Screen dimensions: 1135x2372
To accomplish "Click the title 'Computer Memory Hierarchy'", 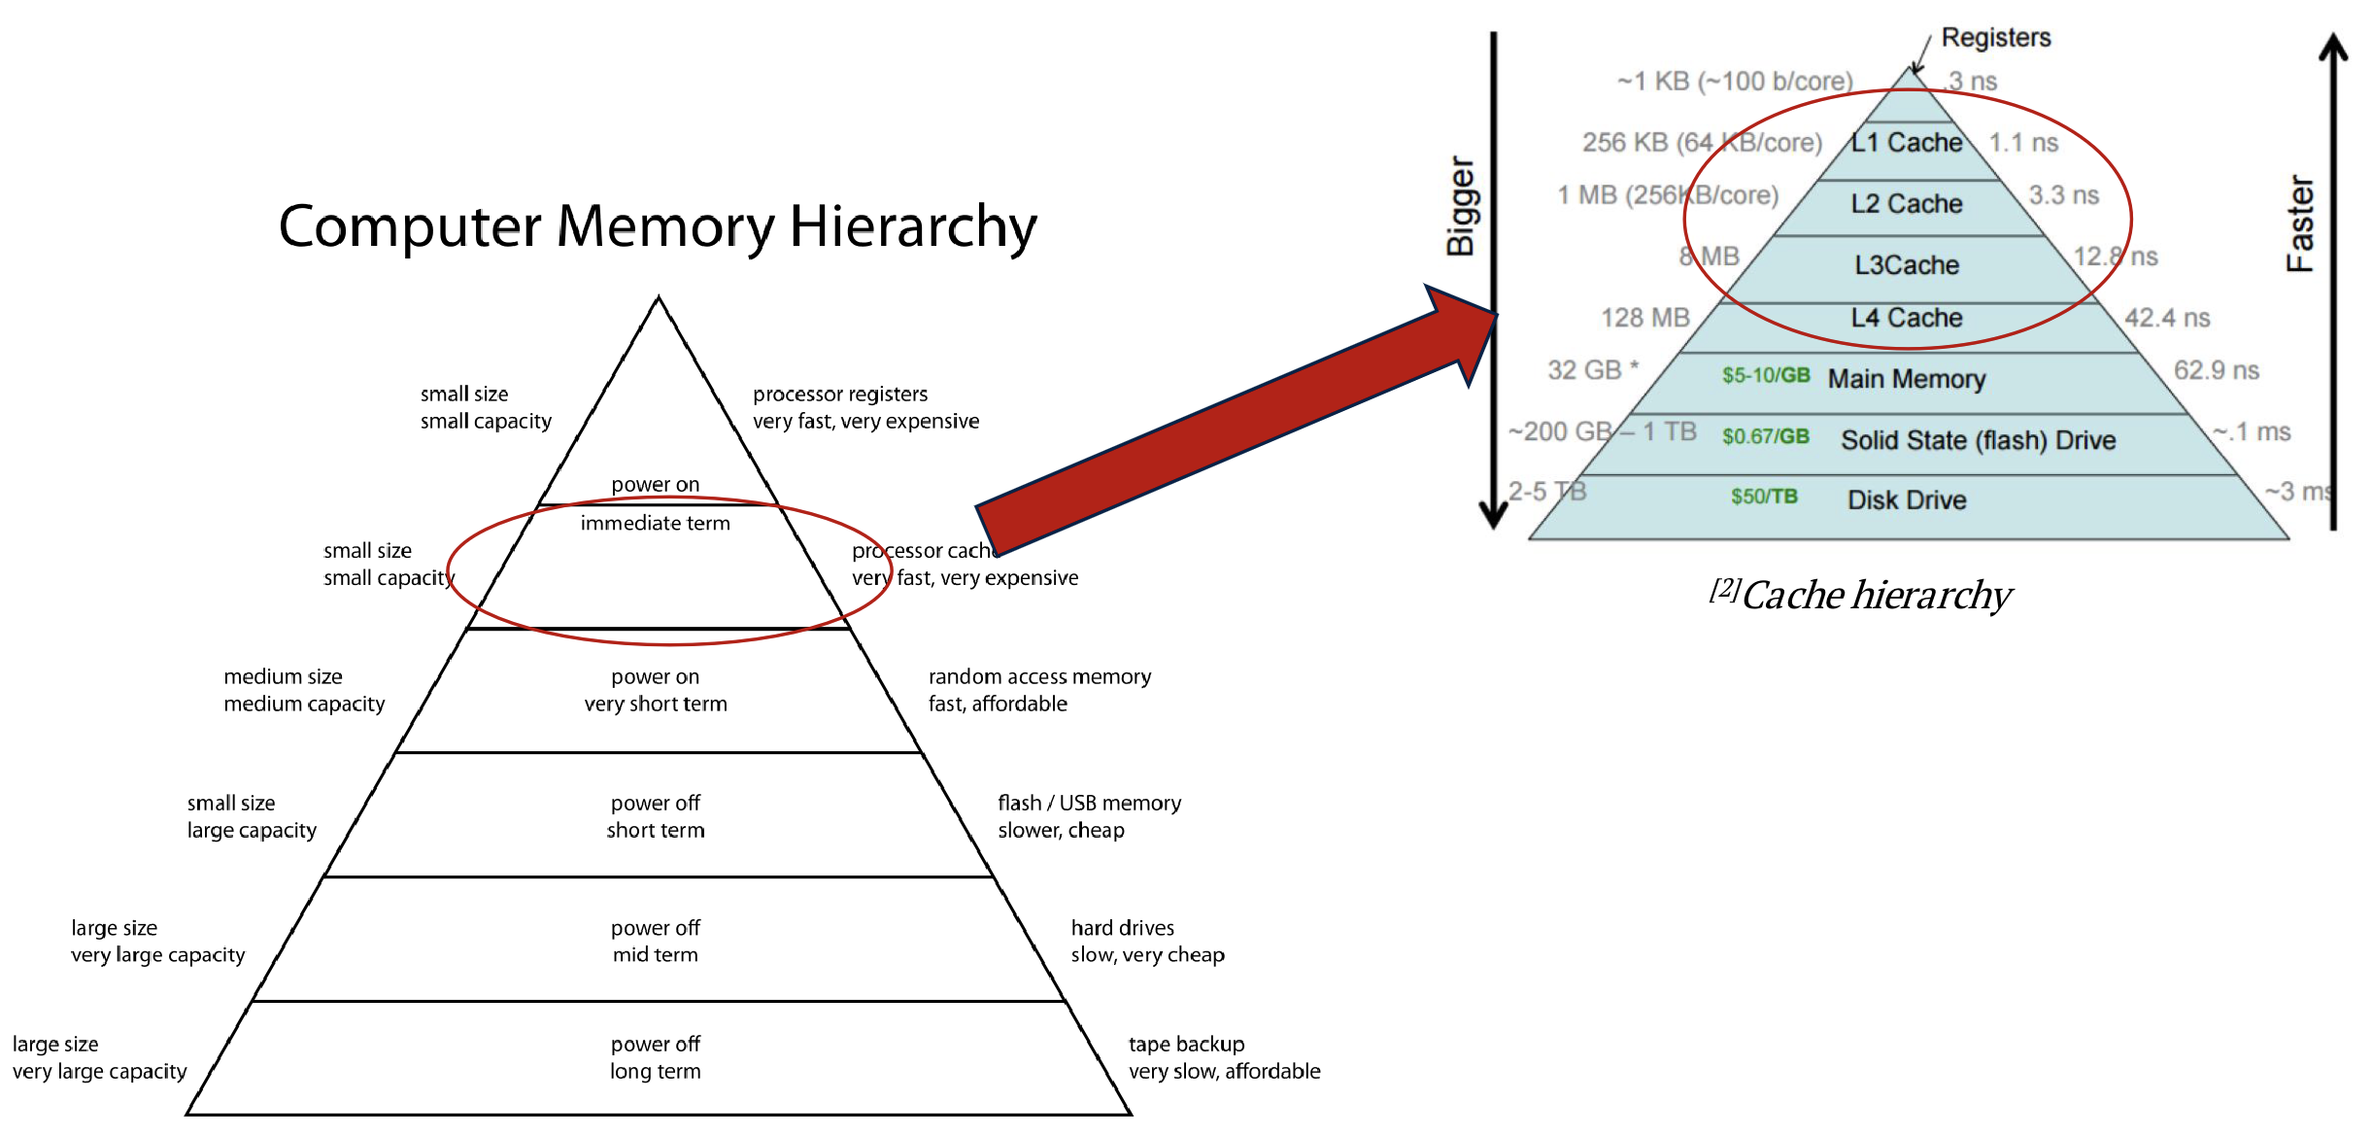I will click(658, 226).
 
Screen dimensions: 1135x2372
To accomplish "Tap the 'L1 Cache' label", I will click(1906, 143).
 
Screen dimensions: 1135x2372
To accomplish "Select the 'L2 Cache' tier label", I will click(1906, 204).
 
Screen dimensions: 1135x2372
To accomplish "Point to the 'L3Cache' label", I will click(1906, 265).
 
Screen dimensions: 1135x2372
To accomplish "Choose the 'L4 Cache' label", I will click(1906, 318).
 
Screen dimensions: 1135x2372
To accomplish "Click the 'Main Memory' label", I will click(1906, 379).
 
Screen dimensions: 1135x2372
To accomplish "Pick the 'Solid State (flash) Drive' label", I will click(1978, 440).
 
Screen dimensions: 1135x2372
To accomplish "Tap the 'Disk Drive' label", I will click(1906, 500).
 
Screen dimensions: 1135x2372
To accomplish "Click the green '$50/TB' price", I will click(1764, 497).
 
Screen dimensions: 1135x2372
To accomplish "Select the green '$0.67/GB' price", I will click(1765, 436).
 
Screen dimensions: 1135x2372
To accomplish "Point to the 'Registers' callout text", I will click(1995, 38).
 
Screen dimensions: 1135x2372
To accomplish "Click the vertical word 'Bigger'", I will click(1461, 206).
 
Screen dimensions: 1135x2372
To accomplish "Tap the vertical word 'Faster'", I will click(2299, 224).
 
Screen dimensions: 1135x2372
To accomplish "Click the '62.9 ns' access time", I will click(2216, 370).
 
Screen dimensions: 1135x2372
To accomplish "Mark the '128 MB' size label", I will click(1644, 318).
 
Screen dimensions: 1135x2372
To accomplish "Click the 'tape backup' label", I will click(1186, 1045).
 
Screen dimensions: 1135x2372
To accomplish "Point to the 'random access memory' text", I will click(1039, 676).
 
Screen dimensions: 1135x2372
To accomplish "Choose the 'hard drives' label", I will click(1122, 928).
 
